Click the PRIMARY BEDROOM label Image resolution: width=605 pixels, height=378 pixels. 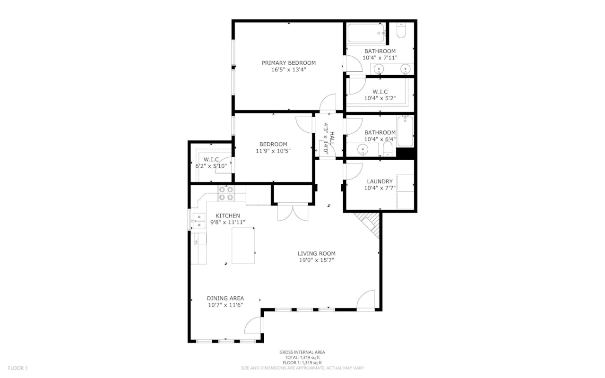[289, 63]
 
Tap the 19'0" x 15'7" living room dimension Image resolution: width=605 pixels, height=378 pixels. [316, 260]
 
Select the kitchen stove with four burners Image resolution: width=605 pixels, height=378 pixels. [226, 194]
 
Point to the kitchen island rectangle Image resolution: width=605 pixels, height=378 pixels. [243, 246]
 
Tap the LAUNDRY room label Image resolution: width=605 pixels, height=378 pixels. [380, 181]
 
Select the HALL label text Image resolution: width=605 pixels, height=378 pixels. [332, 138]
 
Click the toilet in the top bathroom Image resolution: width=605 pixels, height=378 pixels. [401, 31]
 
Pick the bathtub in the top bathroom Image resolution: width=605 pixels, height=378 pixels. [366, 34]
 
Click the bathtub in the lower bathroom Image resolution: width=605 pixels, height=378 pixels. [405, 131]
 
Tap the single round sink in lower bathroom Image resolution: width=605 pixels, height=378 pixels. [363, 150]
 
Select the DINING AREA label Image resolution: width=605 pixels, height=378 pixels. [225, 298]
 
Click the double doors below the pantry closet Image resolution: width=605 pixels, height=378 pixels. [293, 212]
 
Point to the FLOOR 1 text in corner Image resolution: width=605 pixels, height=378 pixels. [18, 368]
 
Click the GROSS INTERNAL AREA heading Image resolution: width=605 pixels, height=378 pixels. [302, 352]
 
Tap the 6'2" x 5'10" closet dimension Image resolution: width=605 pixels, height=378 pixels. [211, 166]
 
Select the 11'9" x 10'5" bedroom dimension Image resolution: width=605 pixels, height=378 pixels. [273, 151]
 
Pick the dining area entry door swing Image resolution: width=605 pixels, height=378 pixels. [253, 325]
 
